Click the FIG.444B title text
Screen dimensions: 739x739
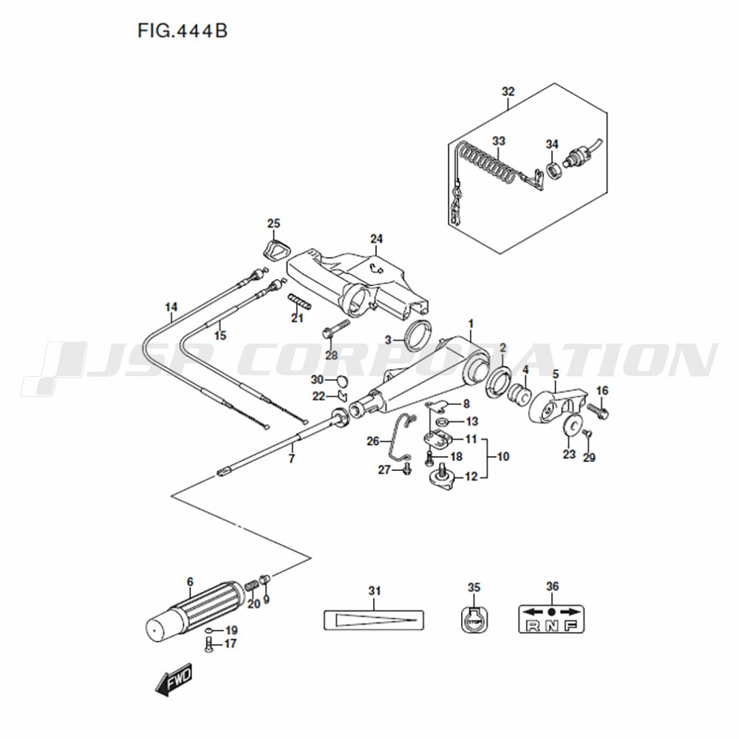pyautogui.click(x=183, y=31)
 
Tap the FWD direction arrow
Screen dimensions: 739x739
pyautogui.click(x=174, y=679)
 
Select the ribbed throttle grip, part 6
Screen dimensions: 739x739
pyautogui.click(x=195, y=611)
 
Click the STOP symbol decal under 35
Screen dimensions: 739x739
pyautogui.click(x=474, y=619)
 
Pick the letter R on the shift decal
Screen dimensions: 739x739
pyautogui.click(x=533, y=625)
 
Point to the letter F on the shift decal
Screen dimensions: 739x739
pyautogui.click(x=571, y=625)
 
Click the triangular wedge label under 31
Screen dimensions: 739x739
pyautogui.click(x=374, y=620)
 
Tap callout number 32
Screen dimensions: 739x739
pyautogui.click(x=508, y=92)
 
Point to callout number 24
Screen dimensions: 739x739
pyautogui.click(x=376, y=239)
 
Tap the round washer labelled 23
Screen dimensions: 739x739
pyautogui.click(x=571, y=425)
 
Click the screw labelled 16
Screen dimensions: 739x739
pyautogui.click(x=598, y=412)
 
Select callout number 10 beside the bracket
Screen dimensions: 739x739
pyautogui.click(x=503, y=456)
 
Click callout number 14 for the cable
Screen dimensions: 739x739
pyautogui.click(x=171, y=307)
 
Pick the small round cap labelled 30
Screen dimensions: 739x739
pyautogui.click(x=342, y=379)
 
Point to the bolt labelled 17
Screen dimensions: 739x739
pyautogui.click(x=209, y=644)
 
